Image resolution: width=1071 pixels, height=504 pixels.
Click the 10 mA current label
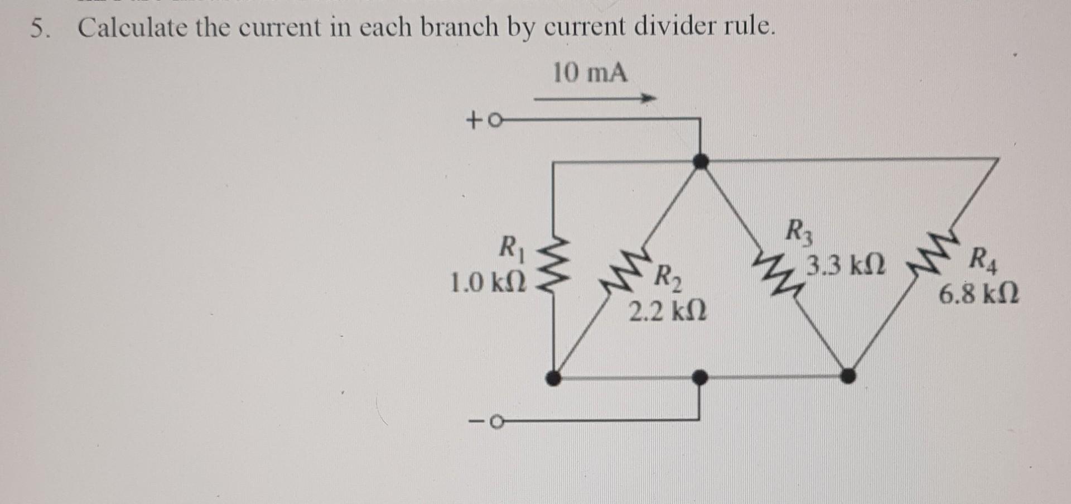pyautogui.click(x=590, y=74)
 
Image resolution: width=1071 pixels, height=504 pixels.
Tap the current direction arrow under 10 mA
pyautogui.click(x=595, y=99)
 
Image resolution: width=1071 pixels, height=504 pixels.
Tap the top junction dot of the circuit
pyautogui.click(x=700, y=161)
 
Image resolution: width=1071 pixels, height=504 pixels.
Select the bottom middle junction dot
pyautogui.click(x=699, y=378)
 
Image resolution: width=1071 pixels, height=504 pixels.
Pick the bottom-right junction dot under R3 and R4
pyautogui.click(x=847, y=376)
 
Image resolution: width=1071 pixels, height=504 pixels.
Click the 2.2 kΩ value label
pyautogui.click(x=667, y=311)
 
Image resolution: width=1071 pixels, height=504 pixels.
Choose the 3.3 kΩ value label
pyautogui.click(x=846, y=265)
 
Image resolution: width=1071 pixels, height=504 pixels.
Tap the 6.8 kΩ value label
pyautogui.click(x=978, y=294)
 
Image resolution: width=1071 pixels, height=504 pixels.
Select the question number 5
pyautogui.click(x=37, y=28)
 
